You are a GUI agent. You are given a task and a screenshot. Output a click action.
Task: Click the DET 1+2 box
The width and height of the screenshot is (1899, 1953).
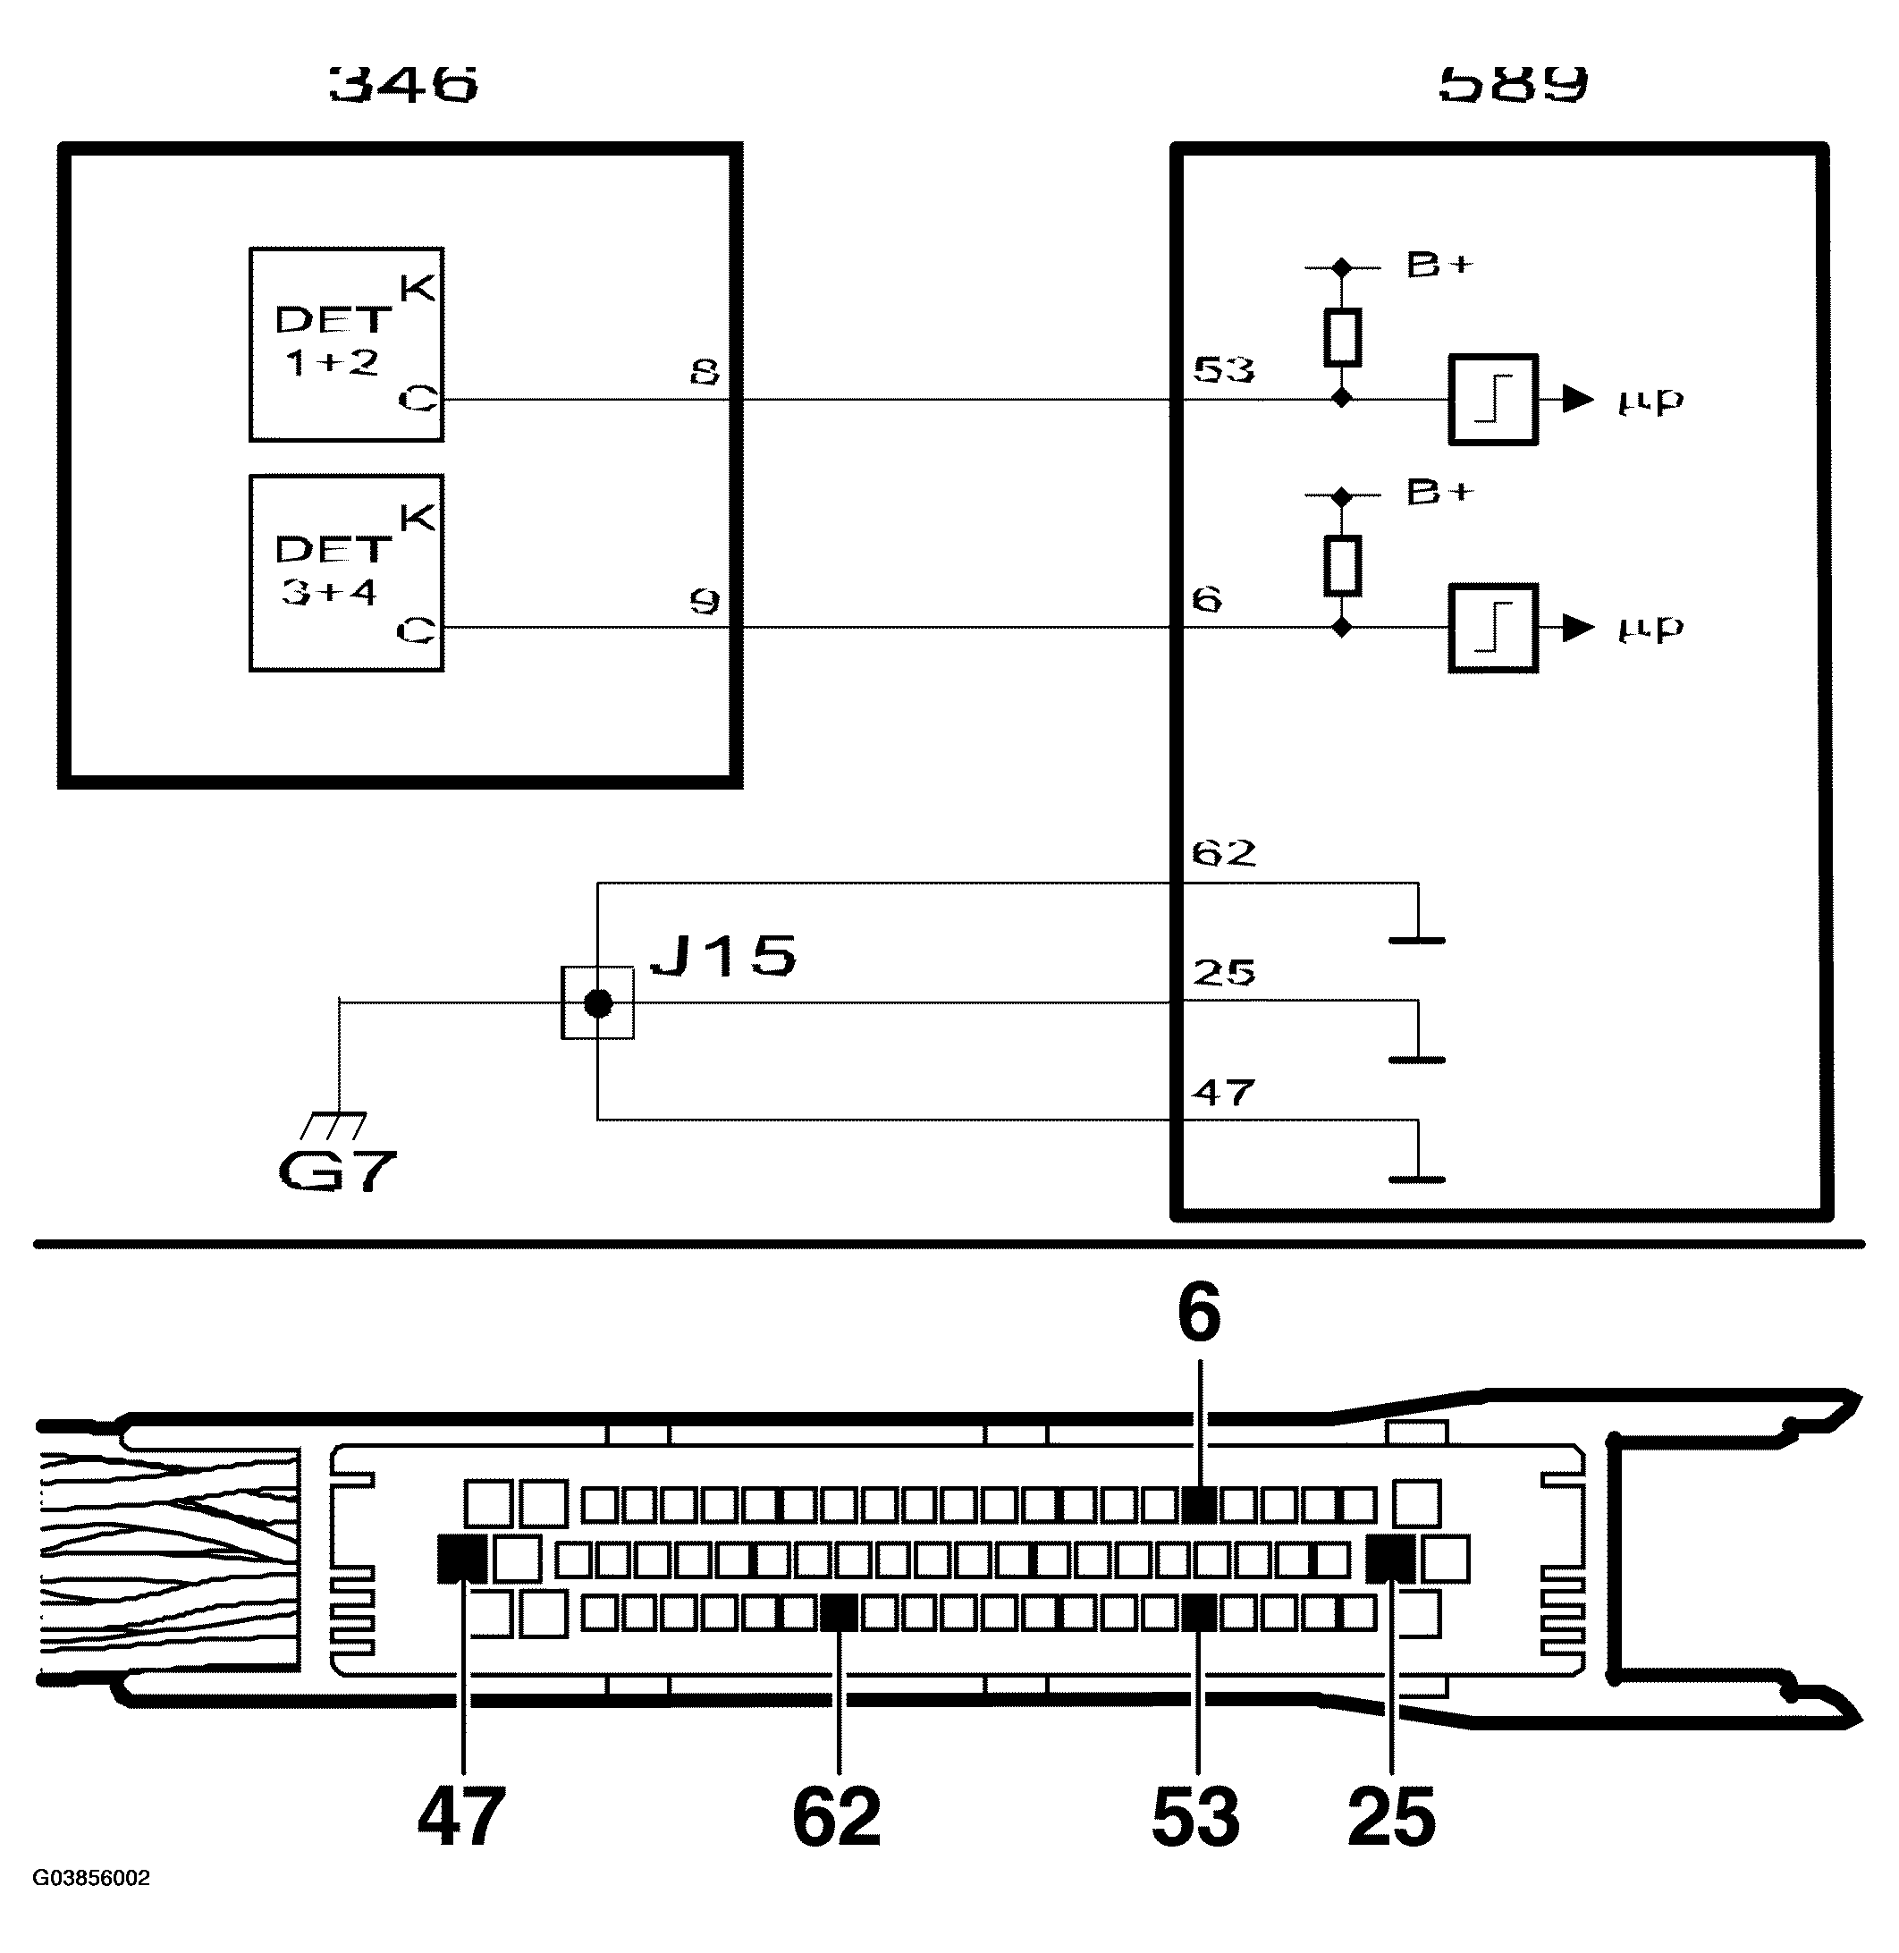coord(346,344)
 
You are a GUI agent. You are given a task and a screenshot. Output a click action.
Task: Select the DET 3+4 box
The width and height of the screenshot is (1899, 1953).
coord(346,572)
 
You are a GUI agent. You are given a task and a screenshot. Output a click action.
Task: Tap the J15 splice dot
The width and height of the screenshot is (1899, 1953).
coord(597,1002)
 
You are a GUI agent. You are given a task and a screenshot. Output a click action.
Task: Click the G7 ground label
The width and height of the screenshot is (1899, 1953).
coord(337,1171)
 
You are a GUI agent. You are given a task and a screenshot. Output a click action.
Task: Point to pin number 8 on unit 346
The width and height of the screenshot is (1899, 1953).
coord(705,373)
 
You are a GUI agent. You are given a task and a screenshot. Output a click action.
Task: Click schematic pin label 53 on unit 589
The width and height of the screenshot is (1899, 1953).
coord(1224,370)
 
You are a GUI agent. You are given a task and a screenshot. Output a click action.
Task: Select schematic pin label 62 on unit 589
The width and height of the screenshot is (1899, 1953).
coord(1224,853)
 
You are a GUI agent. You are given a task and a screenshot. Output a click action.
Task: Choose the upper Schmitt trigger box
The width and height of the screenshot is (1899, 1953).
coord(1492,399)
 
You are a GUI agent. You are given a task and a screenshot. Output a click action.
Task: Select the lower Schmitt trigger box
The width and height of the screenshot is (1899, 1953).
coord(1492,628)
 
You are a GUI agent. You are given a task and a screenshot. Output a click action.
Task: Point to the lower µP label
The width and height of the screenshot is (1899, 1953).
coord(1650,629)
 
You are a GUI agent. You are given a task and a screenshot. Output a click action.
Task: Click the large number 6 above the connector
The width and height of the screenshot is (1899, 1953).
coord(1199,1313)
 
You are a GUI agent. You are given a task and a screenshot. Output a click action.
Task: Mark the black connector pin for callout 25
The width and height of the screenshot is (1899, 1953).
coord(1389,1559)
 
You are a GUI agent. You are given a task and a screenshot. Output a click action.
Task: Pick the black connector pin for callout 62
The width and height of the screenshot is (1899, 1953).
coord(839,1613)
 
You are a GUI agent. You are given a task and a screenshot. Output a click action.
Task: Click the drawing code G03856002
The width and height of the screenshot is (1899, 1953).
coord(91,1878)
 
